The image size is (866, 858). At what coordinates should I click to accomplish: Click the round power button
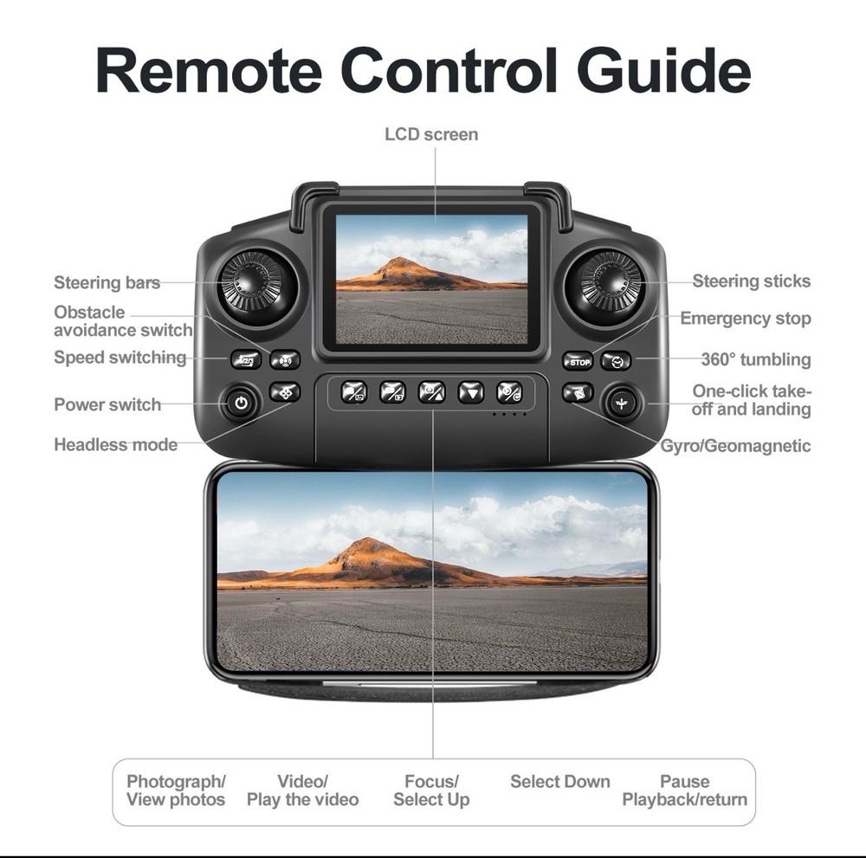(241, 403)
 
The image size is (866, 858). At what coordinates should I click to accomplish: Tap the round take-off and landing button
(621, 403)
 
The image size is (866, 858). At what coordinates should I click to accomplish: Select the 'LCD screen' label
(431, 134)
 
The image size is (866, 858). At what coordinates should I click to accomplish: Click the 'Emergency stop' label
(745, 319)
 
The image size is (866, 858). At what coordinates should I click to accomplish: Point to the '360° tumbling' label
(755, 359)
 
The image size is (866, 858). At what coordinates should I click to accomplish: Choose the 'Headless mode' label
(115, 445)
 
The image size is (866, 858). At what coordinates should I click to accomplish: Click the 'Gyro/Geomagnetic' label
(735, 446)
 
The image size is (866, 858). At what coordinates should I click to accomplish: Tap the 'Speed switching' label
(120, 358)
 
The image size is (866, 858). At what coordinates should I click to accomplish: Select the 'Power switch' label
(107, 404)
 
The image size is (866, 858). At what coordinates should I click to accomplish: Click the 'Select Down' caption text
(559, 782)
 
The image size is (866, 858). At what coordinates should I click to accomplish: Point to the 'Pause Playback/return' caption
(684, 790)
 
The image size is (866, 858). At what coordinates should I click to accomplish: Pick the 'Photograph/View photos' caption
(176, 790)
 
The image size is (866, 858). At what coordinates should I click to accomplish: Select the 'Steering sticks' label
(751, 281)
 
